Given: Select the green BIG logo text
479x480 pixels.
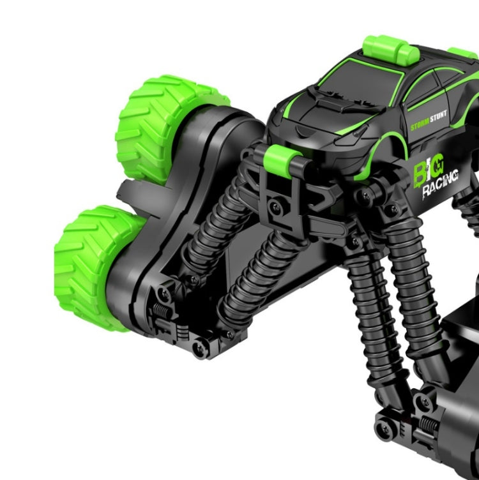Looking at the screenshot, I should coord(430,171).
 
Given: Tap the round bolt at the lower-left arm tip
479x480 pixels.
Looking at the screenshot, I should coord(200,345).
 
